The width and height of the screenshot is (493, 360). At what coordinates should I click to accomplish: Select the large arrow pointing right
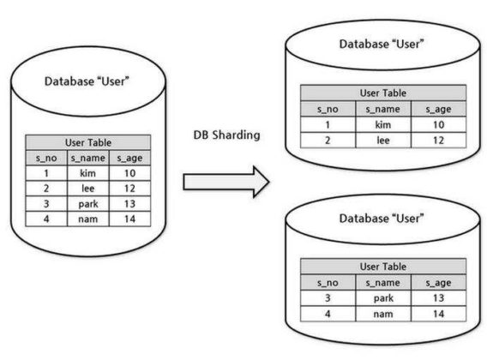[x=225, y=181]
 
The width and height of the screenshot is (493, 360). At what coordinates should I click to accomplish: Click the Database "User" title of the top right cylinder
[x=382, y=45]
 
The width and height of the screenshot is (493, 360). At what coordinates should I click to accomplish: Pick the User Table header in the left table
[x=88, y=143]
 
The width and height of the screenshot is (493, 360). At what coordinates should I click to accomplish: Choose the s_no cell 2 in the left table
[x=44, y=189]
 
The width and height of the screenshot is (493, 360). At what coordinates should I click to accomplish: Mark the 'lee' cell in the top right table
[x=383, y=140]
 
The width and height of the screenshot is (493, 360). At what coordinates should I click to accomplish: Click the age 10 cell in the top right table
[x=438, y=124]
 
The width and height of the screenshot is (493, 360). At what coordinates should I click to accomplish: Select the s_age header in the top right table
[x=438, y=109]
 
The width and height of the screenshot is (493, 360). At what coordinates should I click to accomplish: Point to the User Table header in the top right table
[x=382, y=93]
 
